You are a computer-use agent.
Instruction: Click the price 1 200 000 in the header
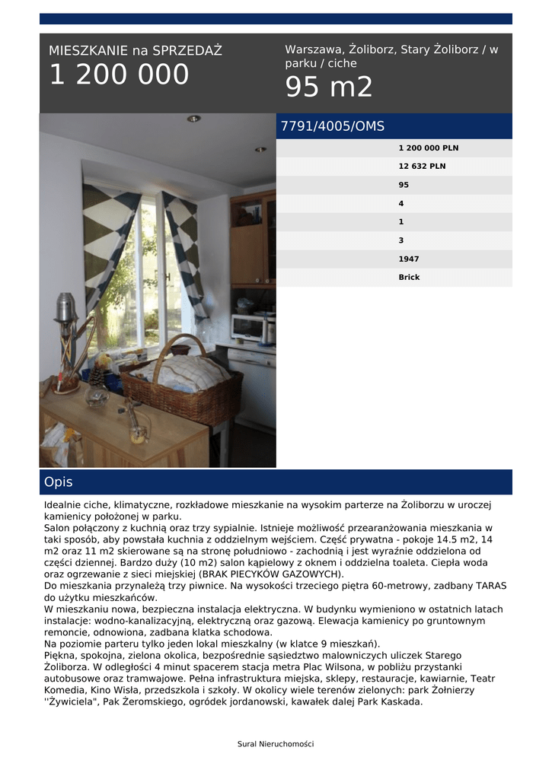(119, 75)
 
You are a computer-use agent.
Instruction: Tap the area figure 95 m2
(329, 87)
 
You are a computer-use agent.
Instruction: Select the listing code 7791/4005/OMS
(333, 127)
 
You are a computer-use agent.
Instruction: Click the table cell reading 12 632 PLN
(422, 166)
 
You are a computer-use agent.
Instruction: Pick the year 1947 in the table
(409, 259)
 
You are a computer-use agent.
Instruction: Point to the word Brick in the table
(409, 277)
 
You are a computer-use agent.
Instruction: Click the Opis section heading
(59, 482)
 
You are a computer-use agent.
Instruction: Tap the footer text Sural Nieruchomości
(276, 744)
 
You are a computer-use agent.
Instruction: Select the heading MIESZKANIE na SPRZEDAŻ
(136, 51)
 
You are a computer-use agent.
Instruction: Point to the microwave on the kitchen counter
(247, 326)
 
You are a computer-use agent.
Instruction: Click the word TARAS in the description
(491, 586)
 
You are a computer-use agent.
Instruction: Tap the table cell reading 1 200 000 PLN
(429, 148)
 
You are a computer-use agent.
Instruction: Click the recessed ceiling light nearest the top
(194, 119)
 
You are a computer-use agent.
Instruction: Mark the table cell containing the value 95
(404, 185)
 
